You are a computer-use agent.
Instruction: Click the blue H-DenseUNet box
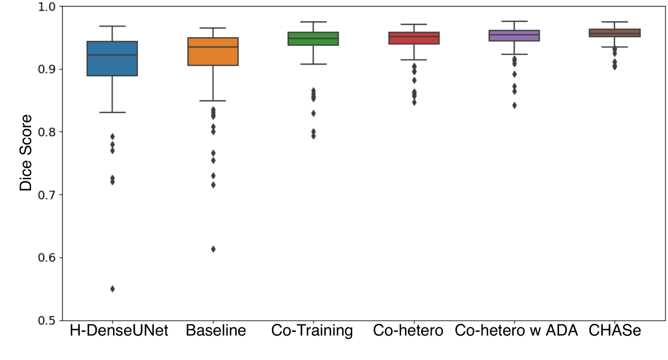click(x=112, y=59)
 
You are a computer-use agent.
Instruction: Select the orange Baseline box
click(x=213, y=51)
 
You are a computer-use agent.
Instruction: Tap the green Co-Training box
click(x=313, y=39)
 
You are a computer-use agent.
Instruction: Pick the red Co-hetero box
click(x=414, y=38)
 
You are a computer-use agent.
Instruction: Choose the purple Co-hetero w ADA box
click(x=514, y=36)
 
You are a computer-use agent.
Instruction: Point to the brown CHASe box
click(x=615, y=33)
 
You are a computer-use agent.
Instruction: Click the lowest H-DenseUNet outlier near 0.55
click(x=113, y=289)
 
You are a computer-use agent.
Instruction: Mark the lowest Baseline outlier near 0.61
click(x=213, y=249)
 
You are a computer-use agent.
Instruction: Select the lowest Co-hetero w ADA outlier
click(x=514, y=105)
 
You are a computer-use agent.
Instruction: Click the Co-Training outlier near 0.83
click(x=314, y=114)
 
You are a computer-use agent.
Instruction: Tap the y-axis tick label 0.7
click(x=47, y=195)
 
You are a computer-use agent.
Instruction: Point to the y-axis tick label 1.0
click(x=47, y=7)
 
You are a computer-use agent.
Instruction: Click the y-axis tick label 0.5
click(x=47, y=321)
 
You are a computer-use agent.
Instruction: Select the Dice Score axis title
click(x=25, y=152)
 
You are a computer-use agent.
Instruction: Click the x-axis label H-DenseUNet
click(x=119, y=330)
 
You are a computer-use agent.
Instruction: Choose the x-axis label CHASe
click(x=615, y=330)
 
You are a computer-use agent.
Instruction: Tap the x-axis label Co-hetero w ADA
click(x=516, y=330)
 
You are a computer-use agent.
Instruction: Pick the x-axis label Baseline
click(x=216, y=330)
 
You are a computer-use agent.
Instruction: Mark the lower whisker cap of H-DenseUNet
click(x=113, y=113)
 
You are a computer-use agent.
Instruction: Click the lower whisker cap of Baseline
click(x=213, y=101)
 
